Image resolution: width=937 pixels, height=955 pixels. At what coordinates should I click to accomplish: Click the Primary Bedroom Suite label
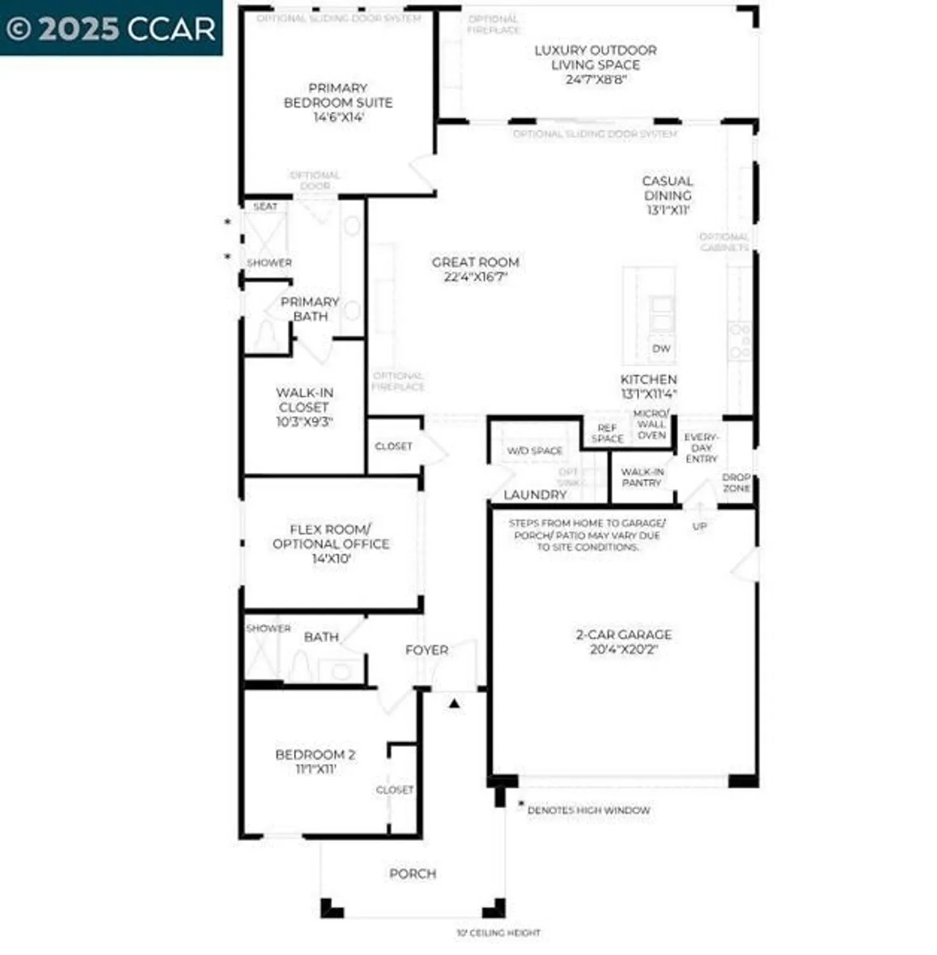[x=337, y=95]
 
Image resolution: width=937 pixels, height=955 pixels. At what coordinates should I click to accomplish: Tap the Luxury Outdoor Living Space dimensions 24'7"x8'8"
[x=596, y=80]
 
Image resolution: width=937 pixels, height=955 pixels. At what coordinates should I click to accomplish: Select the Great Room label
[x=475, y=262]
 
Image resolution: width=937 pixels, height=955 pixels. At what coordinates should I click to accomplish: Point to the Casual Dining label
[x=667, y=188]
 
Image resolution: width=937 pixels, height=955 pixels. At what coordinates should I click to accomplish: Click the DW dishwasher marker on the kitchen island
[x=661, y=348]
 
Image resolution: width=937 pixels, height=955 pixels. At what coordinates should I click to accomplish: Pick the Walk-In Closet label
[x=304, y=400]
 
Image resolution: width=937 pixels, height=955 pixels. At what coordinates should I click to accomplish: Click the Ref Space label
[x=607, y=434]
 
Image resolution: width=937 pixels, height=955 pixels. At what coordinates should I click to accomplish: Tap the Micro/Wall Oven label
[x=651, y=425]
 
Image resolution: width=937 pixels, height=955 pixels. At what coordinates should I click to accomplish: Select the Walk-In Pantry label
[x=642, y=478]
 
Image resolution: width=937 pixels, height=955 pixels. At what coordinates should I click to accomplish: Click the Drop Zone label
[x=736, y=483]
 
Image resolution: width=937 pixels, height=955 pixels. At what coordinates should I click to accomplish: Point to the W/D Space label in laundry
[x=535, y=451]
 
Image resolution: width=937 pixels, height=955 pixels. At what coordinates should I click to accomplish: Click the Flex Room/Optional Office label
[x=330, y=537]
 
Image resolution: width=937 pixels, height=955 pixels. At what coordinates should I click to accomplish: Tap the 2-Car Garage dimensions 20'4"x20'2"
[x=623, y=649]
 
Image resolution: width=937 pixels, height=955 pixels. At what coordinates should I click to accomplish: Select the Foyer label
[x=426, y=650]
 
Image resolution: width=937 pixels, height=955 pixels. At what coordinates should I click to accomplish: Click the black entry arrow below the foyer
[x=454, y=704]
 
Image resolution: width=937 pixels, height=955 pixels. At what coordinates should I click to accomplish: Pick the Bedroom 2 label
[x=315, y=754]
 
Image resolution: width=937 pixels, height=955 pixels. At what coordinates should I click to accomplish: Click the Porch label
[x=412, y=874]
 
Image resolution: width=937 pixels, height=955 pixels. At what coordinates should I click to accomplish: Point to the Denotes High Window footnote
[x=588, y=810]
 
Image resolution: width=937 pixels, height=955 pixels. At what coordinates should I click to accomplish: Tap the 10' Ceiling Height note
[x=498, y=933]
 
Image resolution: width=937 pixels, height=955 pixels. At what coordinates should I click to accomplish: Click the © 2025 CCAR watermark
[x=111, y=29]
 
